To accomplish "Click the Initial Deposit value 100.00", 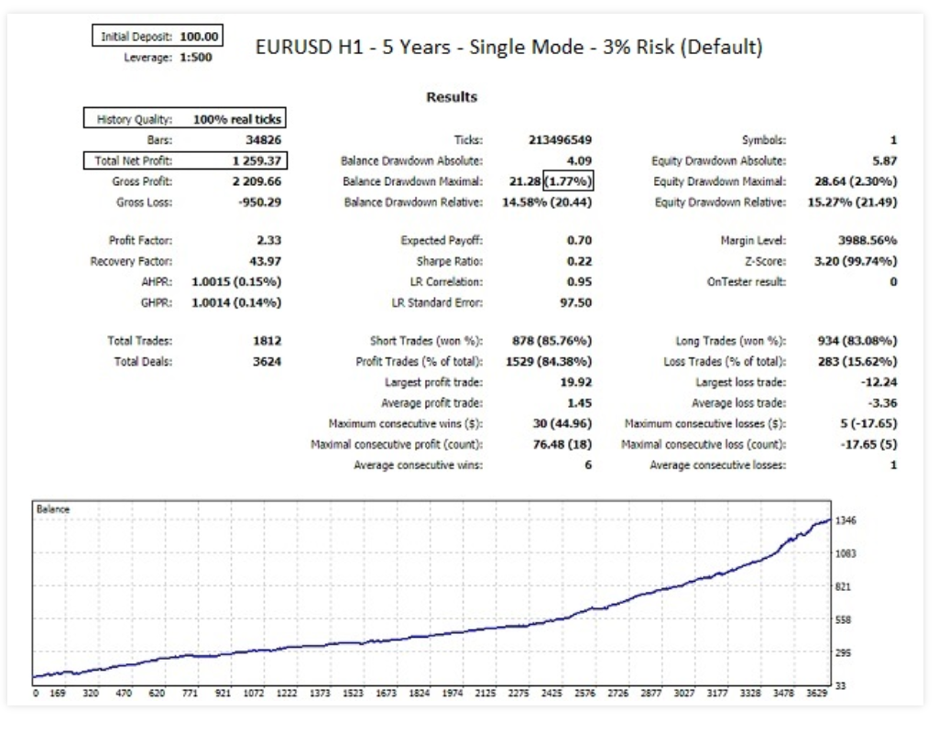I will (x=199, y=37).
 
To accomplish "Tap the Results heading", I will (x=452, y=97).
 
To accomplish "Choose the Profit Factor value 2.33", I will (x=269, y=241).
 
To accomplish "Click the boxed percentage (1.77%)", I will (x=570, y=181).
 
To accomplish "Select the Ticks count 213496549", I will (x=561, y=140).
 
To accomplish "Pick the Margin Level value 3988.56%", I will (x=866, y=241).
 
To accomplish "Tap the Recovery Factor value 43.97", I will (x=264, y=261).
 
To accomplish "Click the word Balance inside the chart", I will (x=49, y=508).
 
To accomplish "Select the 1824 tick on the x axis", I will (x=419, y=694).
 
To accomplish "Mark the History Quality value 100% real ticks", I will (x=237, y=119).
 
